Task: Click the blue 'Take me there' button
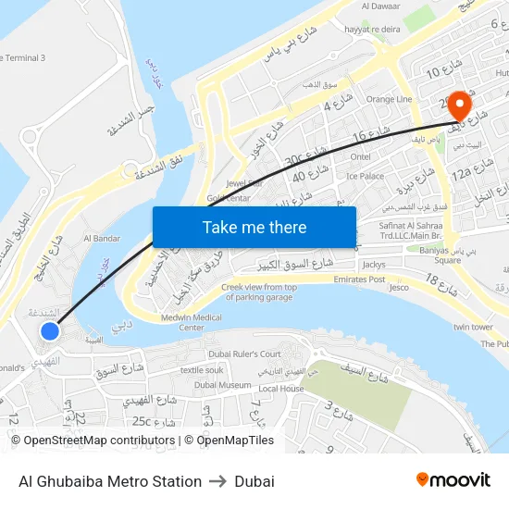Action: click(x=254, y=227)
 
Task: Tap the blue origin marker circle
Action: click(x=50, y=330)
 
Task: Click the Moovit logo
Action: click(x=453, y=480)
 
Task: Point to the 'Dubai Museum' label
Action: click(x=223, y=384)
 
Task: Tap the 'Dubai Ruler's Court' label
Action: click(x=244, y=354)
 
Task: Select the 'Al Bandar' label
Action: click(x=102, y=238)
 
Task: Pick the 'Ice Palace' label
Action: click(x=365, y=175)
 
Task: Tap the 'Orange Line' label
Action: click(x=390, y=99)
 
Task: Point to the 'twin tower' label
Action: click(x=473, y=327)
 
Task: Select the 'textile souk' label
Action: click(x=203, y=369)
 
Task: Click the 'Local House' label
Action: click(x=281, y=389)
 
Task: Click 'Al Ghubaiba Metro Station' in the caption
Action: click(x=110, y=481)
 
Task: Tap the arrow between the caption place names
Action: click(x=218, y=481)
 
